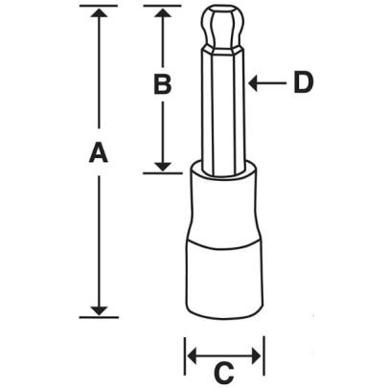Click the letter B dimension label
pos(163,85)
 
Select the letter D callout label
pos(304,84)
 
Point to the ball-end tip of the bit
pos(223,29)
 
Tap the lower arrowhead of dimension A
pos(97,308)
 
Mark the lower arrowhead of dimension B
pos(163,166)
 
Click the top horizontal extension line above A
pos(97,7)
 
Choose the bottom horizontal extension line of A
pos(97,316)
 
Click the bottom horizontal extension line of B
pos(163,173)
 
